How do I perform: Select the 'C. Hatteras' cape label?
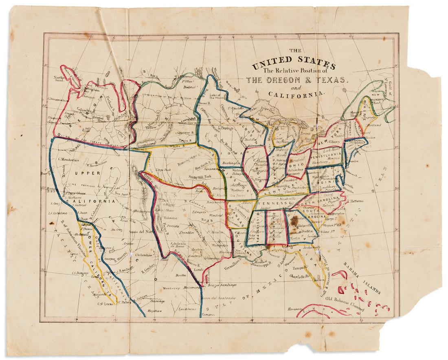(358, 200)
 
